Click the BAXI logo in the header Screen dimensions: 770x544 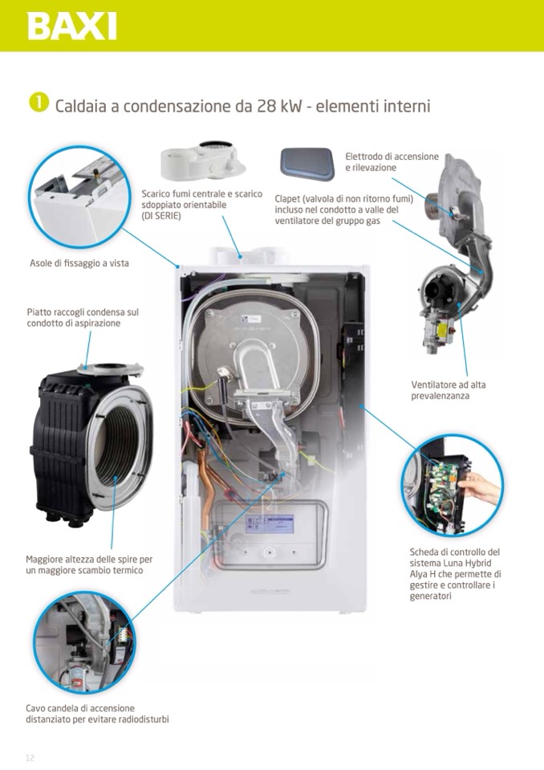[x=71, y=26]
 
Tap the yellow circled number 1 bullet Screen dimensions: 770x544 [x=38, y=104]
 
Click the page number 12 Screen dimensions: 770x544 [x=30, y=757]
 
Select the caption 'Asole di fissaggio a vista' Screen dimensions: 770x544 [x=79, y=263]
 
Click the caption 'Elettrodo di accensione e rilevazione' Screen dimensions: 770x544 [x=392, y=161]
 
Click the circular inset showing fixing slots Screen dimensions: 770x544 [x=79, y=197]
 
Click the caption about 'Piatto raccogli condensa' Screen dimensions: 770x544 [x=82, y=317]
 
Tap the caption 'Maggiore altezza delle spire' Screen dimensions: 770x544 [x=88, y=564]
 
